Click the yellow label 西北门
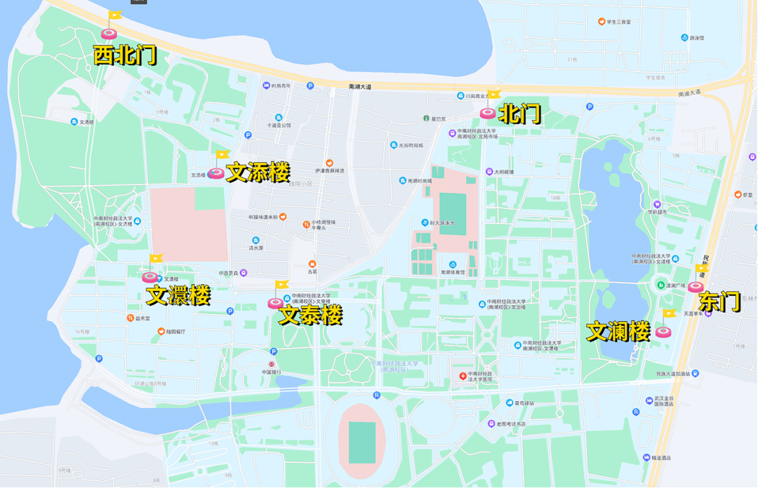tap(125, 55)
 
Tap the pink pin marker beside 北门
tap(488, 112)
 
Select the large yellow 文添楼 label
tap(258, 172)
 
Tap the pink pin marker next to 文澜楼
tap(663, 332)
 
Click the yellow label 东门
tap(719, 302)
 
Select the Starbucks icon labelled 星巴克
tap(425, 118)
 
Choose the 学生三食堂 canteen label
tap(618, 22)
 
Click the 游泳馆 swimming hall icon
tap(684, 38)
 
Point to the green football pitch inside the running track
tap(362, 442)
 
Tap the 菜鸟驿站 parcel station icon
tap(510, 403)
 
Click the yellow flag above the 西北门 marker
tap(115, 15)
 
